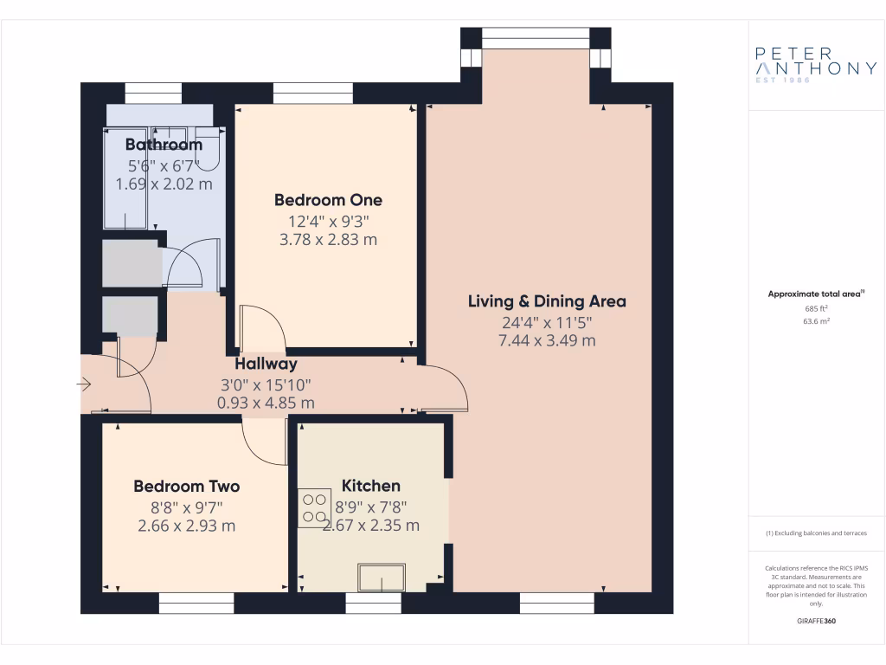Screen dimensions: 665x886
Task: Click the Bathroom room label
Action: [164, 145]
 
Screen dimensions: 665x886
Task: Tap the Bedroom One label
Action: [328, 200]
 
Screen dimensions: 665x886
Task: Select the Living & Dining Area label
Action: [547, 301]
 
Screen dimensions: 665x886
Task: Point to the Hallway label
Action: [266, 365]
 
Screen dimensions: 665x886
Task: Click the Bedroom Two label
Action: [186, 487]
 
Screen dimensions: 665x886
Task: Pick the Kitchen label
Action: [371, 486]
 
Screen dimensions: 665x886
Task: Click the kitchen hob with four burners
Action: [313, 508]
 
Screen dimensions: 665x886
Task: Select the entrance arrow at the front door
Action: [85, 384]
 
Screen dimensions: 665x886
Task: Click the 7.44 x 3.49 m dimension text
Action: [547, 341]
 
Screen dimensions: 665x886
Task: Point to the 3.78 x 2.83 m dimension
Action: [328, 240]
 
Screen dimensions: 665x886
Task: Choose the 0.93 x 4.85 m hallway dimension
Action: [266, 403]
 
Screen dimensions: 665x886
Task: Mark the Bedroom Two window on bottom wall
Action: [196, 604]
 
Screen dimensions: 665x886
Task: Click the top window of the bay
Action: [535, 34]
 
